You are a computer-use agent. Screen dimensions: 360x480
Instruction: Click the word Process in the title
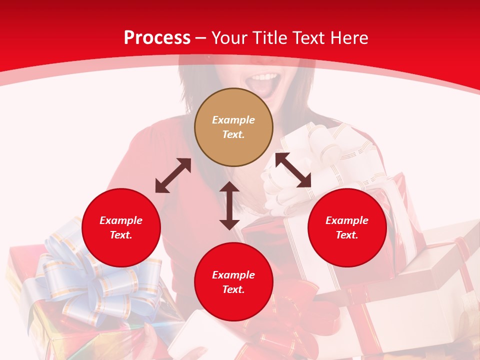pos(157,38)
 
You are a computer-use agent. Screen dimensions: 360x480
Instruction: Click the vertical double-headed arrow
pos(229,205)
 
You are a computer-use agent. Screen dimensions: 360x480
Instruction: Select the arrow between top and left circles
pos(173,175)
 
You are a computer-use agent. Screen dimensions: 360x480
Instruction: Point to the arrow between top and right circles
pos(293,170)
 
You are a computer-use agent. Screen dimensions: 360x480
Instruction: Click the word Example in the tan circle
pos(233,120)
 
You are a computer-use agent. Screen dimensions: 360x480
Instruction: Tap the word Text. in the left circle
pos(121,235)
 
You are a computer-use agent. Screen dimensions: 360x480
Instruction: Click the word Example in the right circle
pos(347,220)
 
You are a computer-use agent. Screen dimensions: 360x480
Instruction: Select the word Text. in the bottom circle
pos(233,289)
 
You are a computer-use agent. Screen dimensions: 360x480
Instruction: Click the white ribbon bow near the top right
pos(325,150)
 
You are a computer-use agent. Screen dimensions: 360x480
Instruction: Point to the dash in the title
pos(201,38)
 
